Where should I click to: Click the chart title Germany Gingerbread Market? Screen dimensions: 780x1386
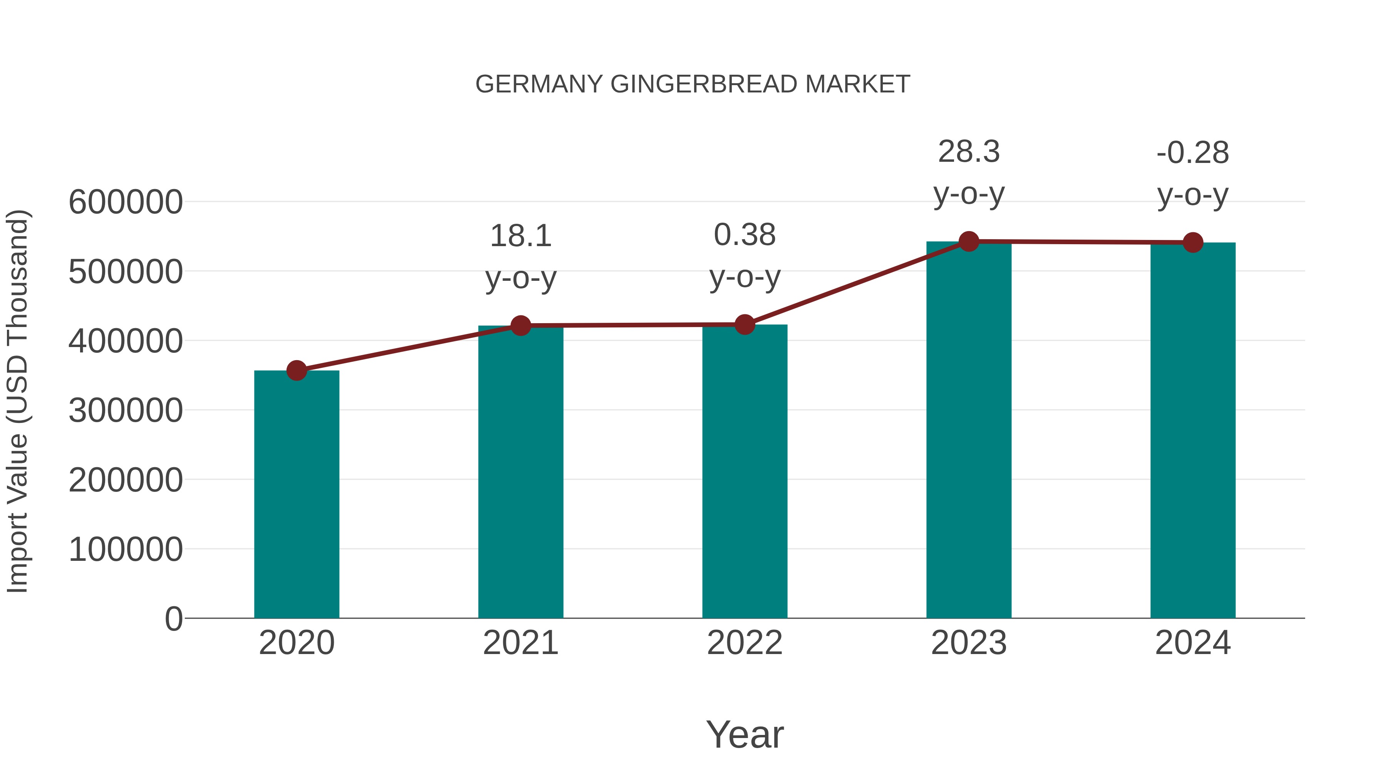point(693,84)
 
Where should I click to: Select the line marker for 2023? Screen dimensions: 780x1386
point(969,242)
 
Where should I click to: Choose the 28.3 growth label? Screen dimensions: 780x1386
point(969,152)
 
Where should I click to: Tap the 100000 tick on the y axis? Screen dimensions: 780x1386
point(126,550)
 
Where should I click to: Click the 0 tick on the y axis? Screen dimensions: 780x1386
point(173,619)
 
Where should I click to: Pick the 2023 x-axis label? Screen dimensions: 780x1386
point(969,643)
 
